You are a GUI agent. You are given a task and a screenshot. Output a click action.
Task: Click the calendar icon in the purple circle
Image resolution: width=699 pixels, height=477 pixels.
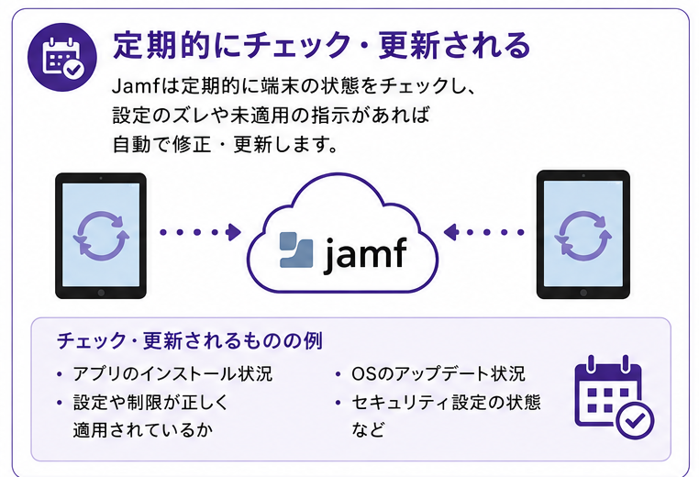(62, 58)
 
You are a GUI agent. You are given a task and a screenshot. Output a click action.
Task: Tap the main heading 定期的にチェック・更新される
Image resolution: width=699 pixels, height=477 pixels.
(321, 45)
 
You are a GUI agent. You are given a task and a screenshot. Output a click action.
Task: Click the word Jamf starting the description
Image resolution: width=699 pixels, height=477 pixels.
(136, 85)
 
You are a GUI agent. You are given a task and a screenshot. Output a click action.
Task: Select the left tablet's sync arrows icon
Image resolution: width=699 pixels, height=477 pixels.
(101, 236)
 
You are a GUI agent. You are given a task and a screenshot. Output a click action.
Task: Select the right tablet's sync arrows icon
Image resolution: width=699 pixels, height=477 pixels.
(583, 236)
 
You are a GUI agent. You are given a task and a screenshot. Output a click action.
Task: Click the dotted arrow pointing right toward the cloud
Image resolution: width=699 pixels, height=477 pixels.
(201, 232)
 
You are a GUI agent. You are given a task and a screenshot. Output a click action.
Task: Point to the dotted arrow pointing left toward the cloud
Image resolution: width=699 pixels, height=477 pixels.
(484, 232)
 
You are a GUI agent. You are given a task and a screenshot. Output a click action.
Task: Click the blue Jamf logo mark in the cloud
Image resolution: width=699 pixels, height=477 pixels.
(296, 250)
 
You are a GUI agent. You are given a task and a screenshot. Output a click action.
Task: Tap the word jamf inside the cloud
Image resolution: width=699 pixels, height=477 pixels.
(365, 254)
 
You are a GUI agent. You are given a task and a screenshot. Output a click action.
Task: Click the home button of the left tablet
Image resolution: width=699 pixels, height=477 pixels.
(101, 293)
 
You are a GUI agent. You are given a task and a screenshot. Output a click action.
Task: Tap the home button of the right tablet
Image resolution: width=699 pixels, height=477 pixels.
(583, 293)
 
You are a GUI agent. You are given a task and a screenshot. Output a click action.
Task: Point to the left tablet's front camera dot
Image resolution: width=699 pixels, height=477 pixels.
(101, 178)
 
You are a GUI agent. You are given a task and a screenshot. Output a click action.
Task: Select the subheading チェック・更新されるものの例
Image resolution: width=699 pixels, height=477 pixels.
(190, 341)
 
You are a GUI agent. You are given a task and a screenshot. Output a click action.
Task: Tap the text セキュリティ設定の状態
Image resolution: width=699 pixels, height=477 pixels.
(446, 402)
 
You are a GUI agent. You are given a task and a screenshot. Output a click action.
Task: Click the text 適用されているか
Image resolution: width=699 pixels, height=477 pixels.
(143, 429)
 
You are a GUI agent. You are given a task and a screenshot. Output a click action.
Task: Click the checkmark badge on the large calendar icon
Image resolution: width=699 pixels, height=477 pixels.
(636, 420)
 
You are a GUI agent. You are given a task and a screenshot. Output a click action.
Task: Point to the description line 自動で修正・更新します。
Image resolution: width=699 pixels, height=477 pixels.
(225, 144)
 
